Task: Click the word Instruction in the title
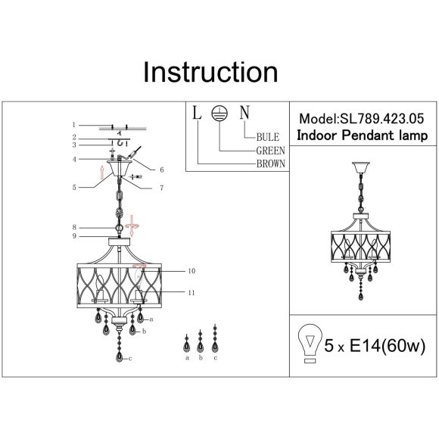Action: click(210, 72)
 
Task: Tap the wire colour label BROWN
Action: click(271, 163)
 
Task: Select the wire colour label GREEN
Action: click(270, 151)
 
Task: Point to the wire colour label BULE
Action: click(268, 137)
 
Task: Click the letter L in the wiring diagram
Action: click(197, 113)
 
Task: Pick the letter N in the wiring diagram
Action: click(244, 113)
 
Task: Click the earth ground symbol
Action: click(219, 114)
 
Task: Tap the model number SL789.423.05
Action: click(382, 119)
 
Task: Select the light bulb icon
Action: click(310, 343)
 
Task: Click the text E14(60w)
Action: click(388, 345)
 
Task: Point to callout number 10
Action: click(191, 271)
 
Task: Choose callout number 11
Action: click(191, 293)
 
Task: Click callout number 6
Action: click(162, 170)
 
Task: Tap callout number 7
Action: click(162, 188)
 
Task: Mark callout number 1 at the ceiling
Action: click(74, 125)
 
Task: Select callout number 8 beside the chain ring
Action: click(74, 227)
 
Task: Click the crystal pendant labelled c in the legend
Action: click(215, 339)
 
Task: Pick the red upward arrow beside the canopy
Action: click(102, 172)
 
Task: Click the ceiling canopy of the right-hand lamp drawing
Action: click(360, 167)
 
